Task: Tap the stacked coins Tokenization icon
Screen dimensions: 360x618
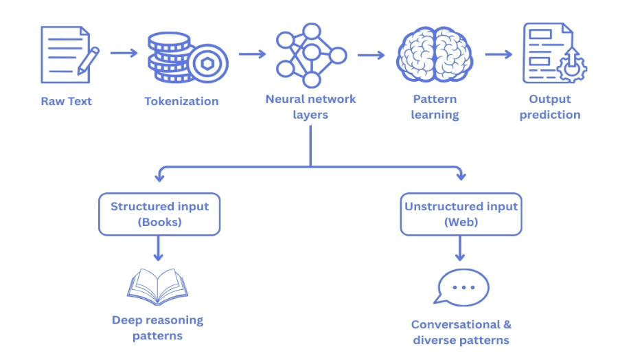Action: (181, 55)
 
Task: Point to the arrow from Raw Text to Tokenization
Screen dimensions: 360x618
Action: (124, 53)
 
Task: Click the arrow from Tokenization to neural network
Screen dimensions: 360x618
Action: (252, 54)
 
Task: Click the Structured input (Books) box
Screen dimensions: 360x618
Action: (159, 214)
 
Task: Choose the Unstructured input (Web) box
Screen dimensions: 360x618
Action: (461, 214)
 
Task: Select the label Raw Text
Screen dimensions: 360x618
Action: (66, 101)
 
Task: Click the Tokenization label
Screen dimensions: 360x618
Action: (181, 101)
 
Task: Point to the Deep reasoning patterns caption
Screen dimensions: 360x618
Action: (157, 328)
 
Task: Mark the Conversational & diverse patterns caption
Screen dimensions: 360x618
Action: (461, 332)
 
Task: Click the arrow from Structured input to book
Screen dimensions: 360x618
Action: (159, 248)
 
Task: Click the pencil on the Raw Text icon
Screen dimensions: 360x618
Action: (89, 60)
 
